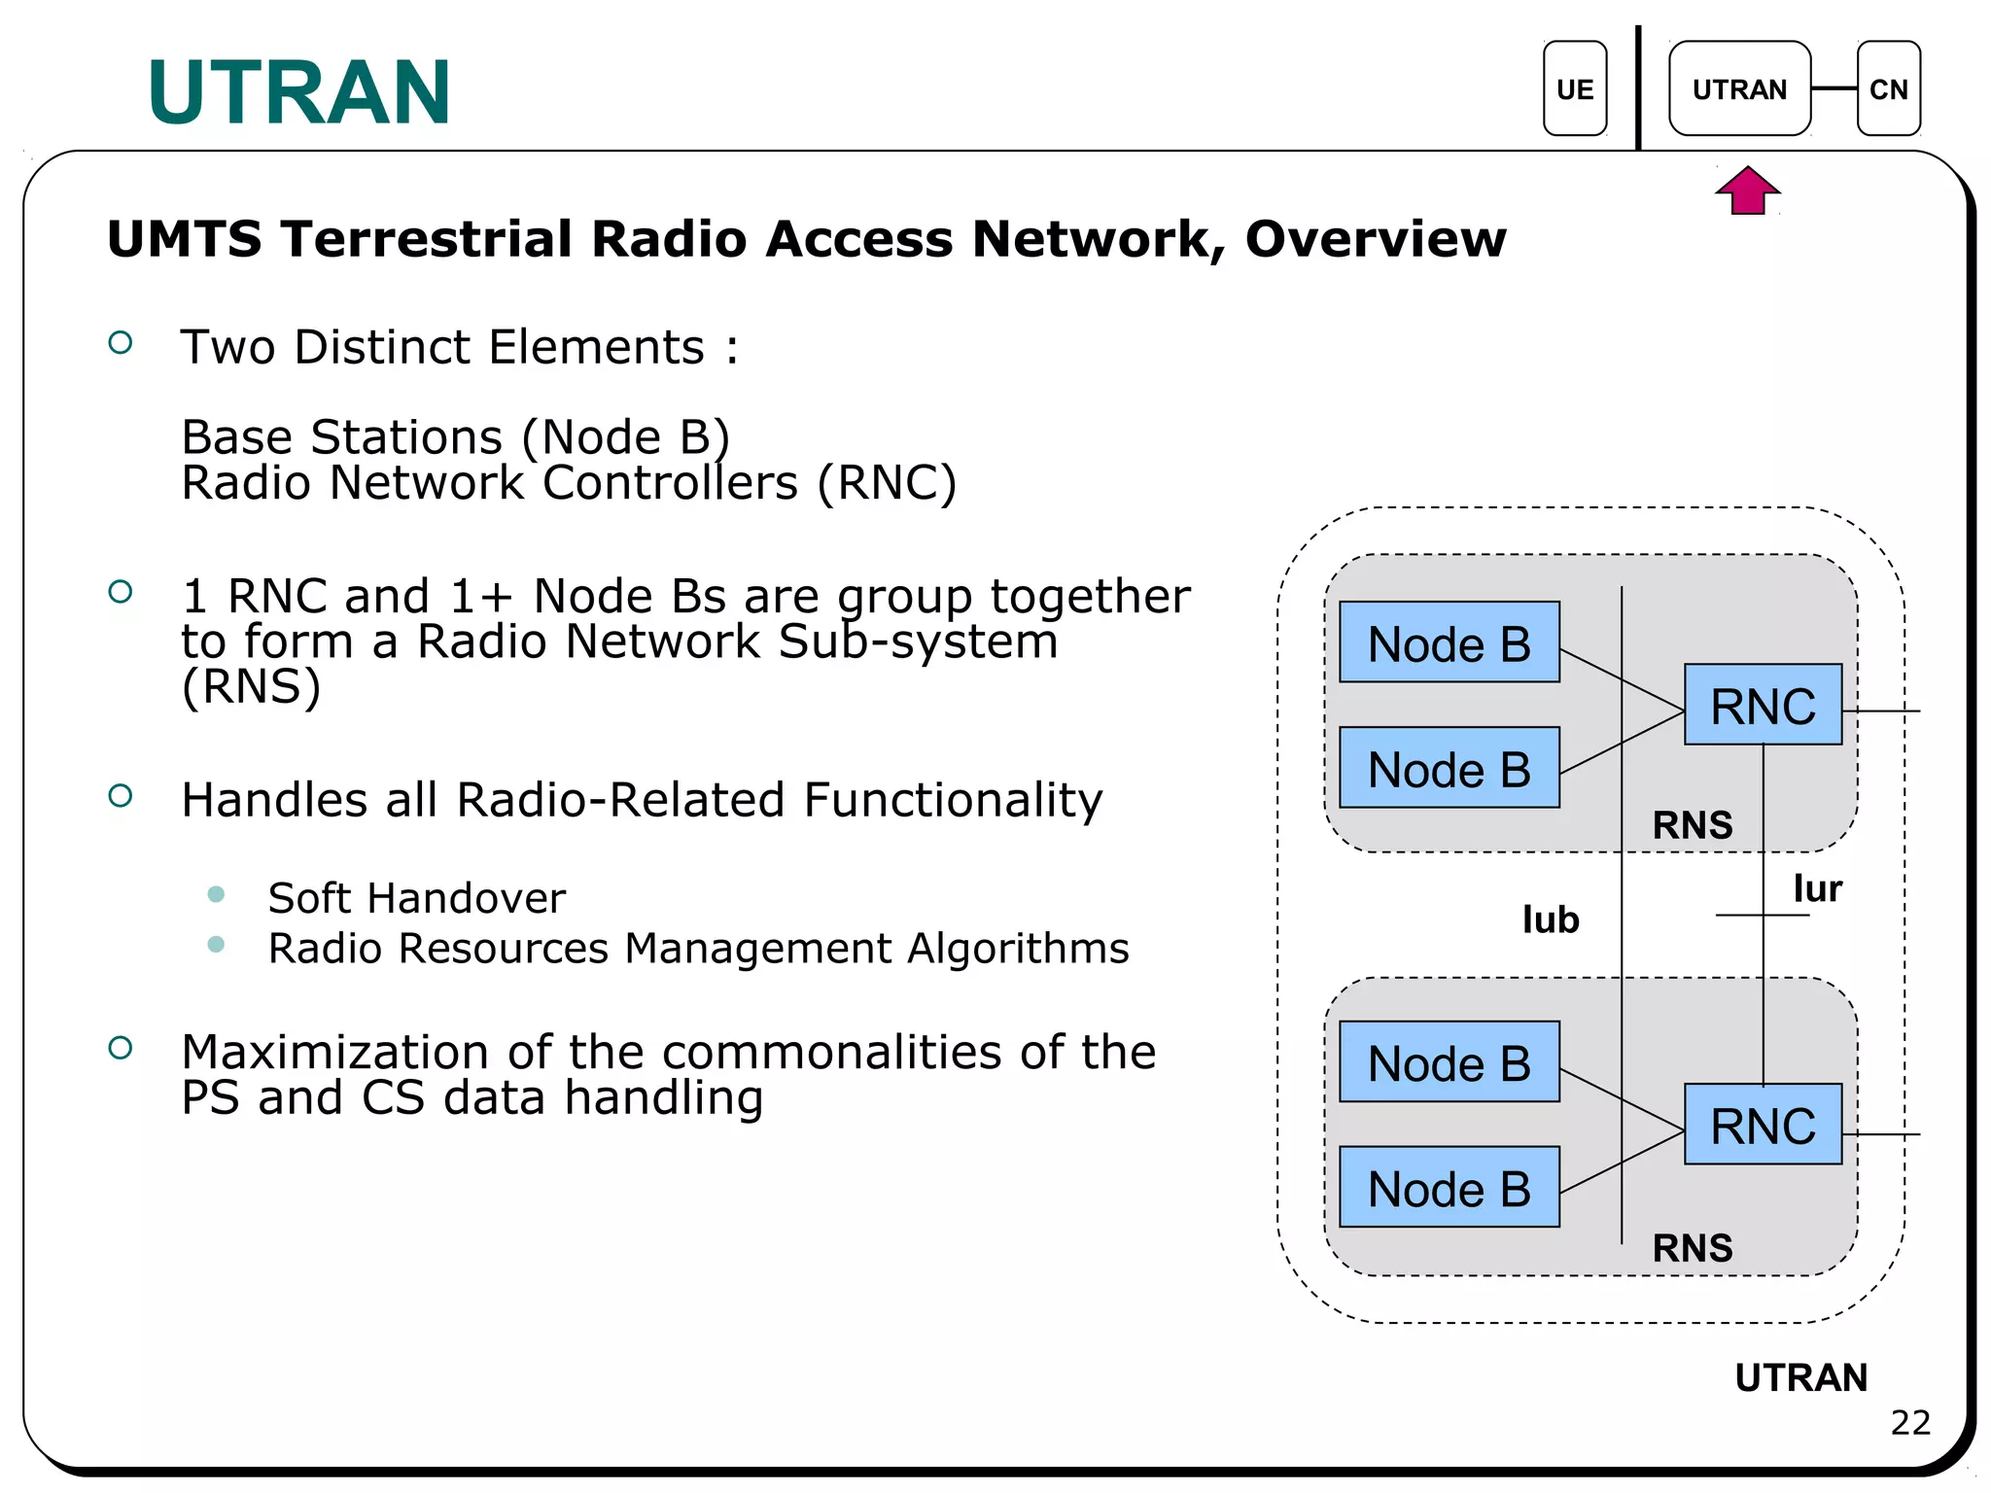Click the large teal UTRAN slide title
click(x=298, y=93)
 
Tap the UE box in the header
click(x=1574, y=89)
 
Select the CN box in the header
click(x=1888, y=89)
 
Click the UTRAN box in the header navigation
click(x=1739, y=89)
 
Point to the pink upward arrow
click(x=1747, y=191)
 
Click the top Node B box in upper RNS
click(x=1449, y=642)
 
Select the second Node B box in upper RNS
click(x=1449, y=768)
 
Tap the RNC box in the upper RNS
click(x=1763, y=705)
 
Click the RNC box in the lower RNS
click(x=1763, y=1125)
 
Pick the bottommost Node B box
click(x=1449, y=1188)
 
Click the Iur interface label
click(x=1817, y=888)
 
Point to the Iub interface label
click(x=1551, y=920)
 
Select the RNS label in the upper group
click(x=1693, y=825)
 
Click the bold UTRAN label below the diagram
click(x=1800, y=1377)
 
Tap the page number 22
click(x=1909, y=1423)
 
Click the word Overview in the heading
click(x=1375, y=239)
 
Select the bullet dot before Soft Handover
click(x=216, y=894)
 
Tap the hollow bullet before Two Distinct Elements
click(x=121, y=342)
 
